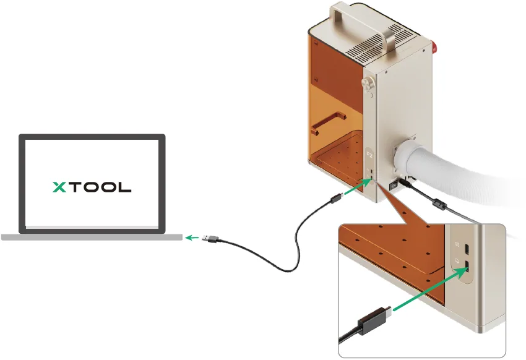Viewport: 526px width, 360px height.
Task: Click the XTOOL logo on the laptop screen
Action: [x=92, y=187]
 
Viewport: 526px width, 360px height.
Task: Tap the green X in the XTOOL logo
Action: [x=59, y=187]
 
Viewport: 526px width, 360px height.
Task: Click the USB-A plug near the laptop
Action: [x=210, y=239]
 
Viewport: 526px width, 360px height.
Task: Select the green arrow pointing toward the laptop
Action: [x=192, y=238]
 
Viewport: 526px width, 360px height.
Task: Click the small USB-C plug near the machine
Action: [x=336, y=199]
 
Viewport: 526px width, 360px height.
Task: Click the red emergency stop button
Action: [x=434, y=47]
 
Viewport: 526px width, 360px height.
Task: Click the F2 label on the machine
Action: [x=369, y=155]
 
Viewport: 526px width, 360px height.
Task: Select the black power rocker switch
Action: [x=393, y=186]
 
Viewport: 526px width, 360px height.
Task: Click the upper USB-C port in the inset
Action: [x=467, y=249]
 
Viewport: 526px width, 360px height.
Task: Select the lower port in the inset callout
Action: [x=467, y=266]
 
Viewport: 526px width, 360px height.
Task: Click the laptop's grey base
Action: [x=92, y=238]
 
